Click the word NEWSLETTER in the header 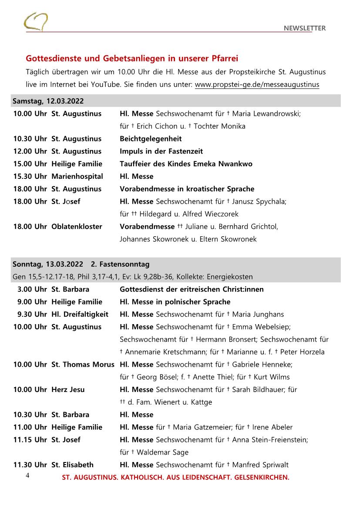click(304, 28)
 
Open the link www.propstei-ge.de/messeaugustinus click(257, 84)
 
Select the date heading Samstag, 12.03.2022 click(48, 101)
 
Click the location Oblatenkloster click(77, 226)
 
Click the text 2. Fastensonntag click(120, 264)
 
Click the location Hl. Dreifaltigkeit click(80, 314)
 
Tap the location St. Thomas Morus click(83, 364)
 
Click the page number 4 click(27, 476)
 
